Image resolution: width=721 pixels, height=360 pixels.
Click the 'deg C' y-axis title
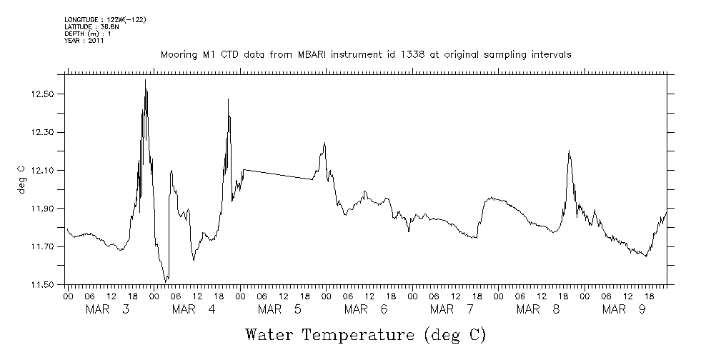click(x=21, y=179)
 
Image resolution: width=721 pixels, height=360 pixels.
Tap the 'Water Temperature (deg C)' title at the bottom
click(x=366, y=334)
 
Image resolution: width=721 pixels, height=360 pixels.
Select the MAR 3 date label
click(x=108, y=309)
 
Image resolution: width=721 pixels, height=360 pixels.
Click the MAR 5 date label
click(x=279, y=309)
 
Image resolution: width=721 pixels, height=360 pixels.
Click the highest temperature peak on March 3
click(x=146, y=80)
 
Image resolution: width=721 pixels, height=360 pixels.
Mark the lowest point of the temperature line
click(x=166, y=281)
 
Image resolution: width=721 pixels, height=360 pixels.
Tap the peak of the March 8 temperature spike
click(x=569, y=151)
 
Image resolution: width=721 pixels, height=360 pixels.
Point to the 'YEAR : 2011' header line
click(x=85, y=41)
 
